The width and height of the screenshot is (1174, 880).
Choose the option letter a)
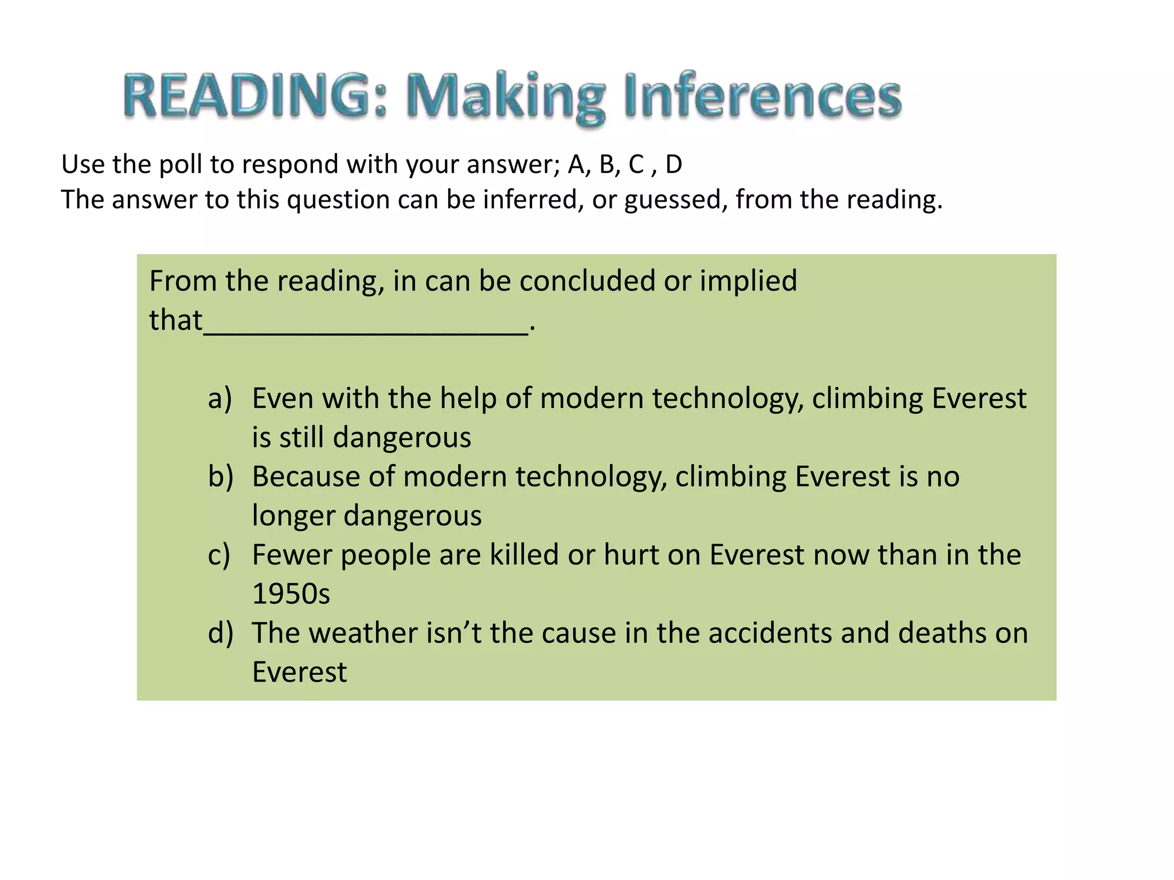[x=220, y=398]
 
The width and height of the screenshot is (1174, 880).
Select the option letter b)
[x=221, y=477]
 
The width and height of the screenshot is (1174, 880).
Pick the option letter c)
[x=219, y=555]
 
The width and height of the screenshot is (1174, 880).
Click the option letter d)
[x=221, y=633]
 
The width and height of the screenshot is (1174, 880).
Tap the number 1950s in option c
[x=291, y=594]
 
